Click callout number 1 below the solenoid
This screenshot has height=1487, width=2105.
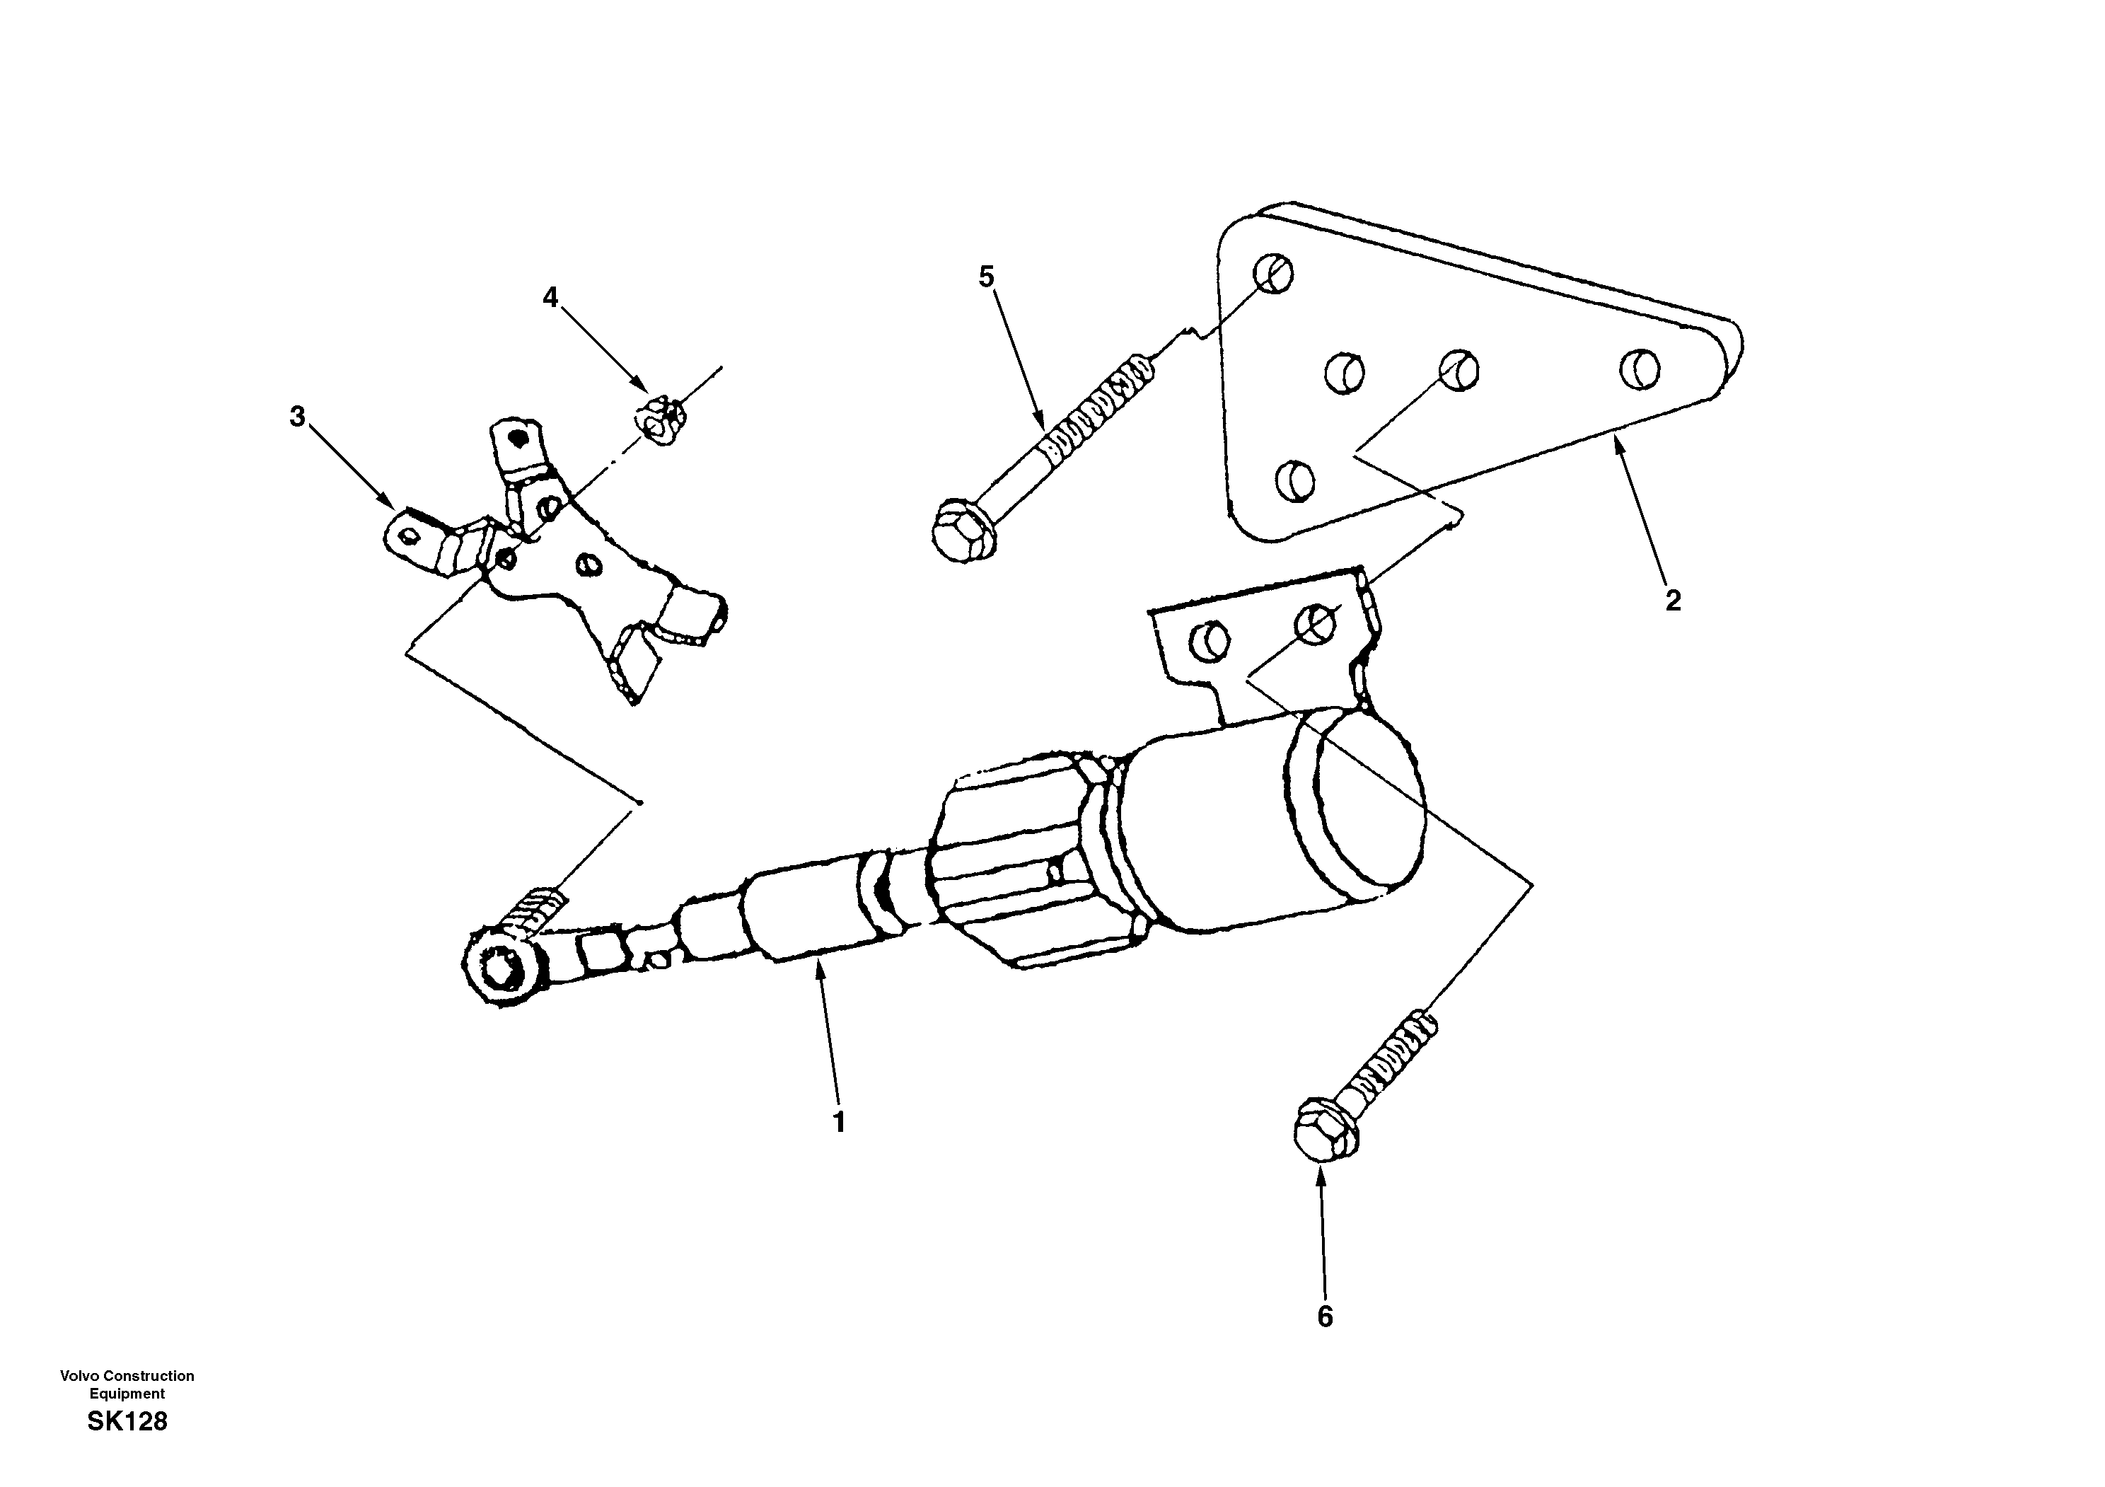838,1122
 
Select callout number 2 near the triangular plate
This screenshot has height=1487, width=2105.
1674,601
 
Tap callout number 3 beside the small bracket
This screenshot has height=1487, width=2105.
297,417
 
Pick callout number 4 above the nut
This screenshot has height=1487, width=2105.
550,297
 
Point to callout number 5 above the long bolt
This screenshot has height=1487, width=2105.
987,276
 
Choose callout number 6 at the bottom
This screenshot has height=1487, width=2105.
1325,1317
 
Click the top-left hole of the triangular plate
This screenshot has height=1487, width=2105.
1273,272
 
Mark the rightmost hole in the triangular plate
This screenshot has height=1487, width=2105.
1640,368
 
